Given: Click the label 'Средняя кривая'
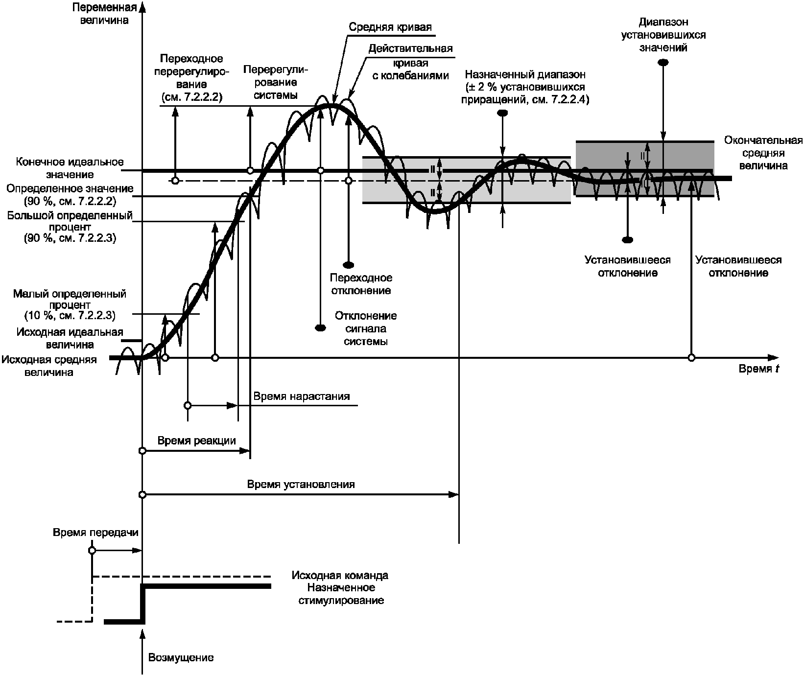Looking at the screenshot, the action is (x=390, y=27).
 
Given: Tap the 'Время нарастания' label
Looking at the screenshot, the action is (x=302, y=396).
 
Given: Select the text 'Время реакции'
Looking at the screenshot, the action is (x=196, y=441).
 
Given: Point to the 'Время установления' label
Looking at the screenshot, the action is (x=301, y=485).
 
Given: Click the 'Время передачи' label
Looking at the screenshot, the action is (x=96, y=533).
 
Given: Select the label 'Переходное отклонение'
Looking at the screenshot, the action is (x=361, y=284).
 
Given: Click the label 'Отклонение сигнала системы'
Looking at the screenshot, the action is (x=366, y=328).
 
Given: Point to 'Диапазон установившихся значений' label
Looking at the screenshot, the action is (x=663, y=35).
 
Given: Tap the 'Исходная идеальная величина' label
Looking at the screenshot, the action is (x=70, y=338).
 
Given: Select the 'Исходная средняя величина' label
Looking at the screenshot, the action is (x=49, y=366).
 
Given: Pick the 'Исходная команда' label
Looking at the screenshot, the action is (x=340, y=575).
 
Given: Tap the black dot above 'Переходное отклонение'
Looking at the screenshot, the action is (x=348, y=265).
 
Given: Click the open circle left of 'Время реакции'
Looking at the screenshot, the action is (x=142, y=450).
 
